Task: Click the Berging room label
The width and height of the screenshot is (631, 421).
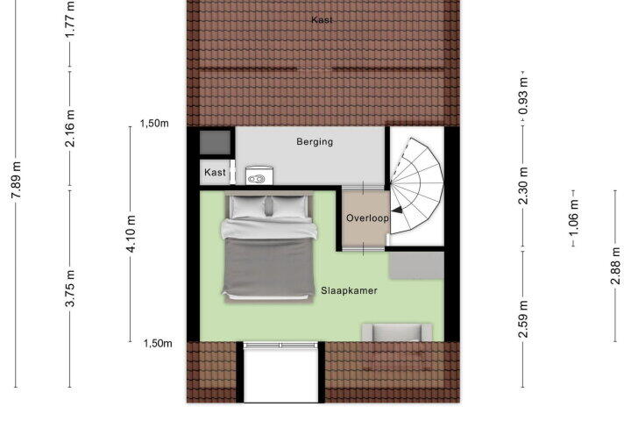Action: coord(315,142)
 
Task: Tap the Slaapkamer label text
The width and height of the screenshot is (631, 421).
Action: coord(349,290)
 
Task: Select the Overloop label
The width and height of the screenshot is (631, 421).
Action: coord(367,218)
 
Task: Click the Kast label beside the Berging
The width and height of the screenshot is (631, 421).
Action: coord(215,173)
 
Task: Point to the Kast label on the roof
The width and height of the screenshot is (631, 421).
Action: coord(322,20)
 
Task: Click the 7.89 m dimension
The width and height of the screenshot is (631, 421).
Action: coord(16,180)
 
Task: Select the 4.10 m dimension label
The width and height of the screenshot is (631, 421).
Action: coord(131,233)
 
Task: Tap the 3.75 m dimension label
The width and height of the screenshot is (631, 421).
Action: coord(70,289)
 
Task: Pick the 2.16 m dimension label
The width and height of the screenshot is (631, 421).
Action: coord(70,128)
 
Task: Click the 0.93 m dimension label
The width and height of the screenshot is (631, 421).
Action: coord(523,96)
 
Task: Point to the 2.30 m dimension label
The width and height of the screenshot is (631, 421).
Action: coord(523,186)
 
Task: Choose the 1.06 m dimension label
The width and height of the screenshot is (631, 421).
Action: coord(574,218)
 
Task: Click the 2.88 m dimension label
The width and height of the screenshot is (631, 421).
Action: coord(616,266)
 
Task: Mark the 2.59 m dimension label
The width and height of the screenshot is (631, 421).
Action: coord(523,319)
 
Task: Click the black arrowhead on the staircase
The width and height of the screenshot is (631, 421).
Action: coord(397,210)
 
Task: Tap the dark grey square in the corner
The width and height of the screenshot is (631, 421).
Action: coord(216,143)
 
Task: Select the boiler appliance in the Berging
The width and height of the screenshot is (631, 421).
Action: coord(259,175)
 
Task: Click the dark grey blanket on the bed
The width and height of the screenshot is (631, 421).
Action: coord(268,267)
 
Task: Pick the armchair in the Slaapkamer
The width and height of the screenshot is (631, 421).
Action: coord(397,332)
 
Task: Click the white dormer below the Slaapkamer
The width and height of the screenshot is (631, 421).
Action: coord(281,372)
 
